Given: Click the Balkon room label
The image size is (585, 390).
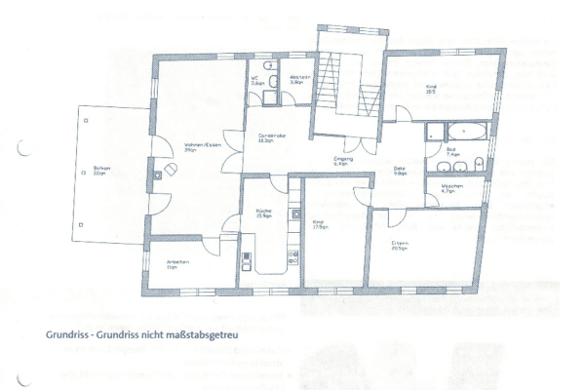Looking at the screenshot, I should (x=101, y=168).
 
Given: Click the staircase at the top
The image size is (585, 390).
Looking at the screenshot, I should (x=345, y=83).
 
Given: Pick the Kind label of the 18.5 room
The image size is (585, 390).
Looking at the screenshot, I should (x=431, y=88).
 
